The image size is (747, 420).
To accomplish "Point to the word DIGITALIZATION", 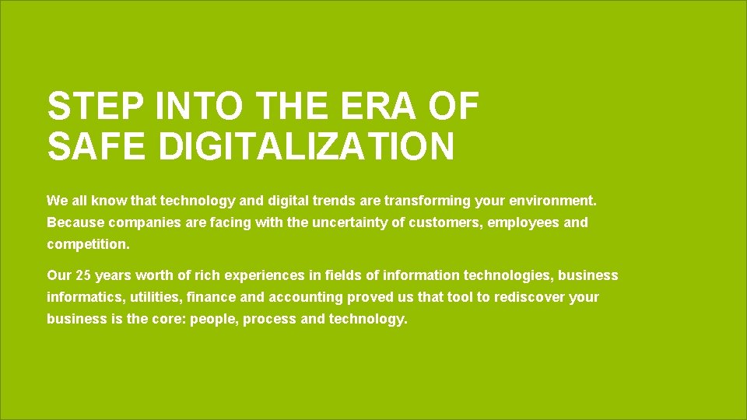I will click(x=307, y=147).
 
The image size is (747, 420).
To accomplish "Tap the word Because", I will click(x=75, y=222).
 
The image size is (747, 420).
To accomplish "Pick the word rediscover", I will click(x=530, y=297).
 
